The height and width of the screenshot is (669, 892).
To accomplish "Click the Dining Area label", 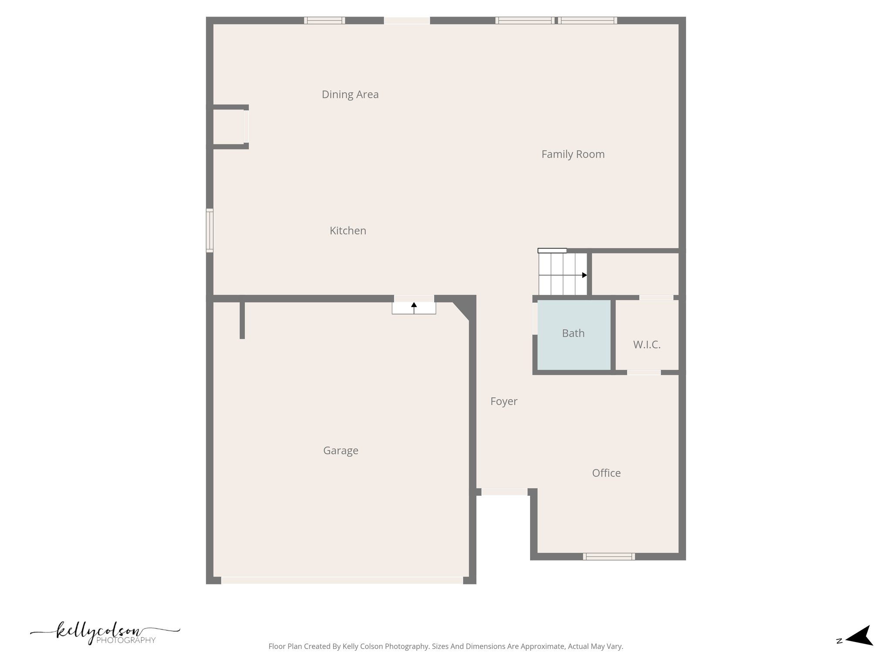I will [350, 95].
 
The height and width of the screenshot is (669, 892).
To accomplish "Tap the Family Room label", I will [573, 154].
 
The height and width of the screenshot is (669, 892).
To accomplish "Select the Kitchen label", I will [348, 231].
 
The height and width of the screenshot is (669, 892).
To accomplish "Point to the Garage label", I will [341, 451].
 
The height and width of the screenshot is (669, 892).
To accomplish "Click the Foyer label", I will [503, 402].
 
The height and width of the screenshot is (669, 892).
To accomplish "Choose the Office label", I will [606, 473].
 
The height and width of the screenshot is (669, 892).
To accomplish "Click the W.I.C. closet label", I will [647, 345].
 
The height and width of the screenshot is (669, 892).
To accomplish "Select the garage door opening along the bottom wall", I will [342, 580].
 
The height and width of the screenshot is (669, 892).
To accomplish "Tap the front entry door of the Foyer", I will [504, 492].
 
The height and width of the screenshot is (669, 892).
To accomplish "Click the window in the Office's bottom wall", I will [608, 556].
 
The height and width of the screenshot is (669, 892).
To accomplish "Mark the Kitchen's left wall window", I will [209, 230].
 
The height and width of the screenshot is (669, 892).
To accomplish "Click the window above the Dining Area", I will [324, 20].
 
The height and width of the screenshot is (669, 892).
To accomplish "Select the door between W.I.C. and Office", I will [644, 372].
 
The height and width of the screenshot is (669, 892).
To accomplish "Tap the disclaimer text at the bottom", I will [446, 647].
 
